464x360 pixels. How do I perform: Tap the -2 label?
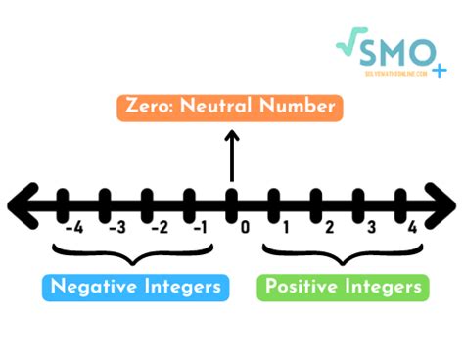pos(158,229)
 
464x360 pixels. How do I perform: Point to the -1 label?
pos(201,229)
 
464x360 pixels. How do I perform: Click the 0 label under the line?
pos(246,229)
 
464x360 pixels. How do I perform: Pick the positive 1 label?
pos(287,229)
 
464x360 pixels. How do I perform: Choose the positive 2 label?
pos(329,229)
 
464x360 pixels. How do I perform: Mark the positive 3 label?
pos(371,229)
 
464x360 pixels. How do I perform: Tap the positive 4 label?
pos(413,229)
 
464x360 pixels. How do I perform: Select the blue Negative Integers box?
pos(136,287)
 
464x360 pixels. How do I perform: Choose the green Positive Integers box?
pos(343,287)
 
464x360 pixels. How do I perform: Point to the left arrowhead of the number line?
pos(22,204)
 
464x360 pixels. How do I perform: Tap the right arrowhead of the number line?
pos(442,204)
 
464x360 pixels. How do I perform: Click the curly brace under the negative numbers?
pos(135,256)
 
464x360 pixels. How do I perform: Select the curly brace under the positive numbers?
pos(343,256)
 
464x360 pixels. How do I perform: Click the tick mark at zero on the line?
pos(232,204)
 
